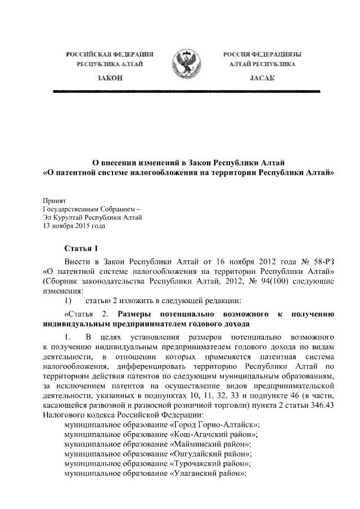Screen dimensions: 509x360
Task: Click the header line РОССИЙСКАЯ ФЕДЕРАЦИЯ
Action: tap(110, 55)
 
